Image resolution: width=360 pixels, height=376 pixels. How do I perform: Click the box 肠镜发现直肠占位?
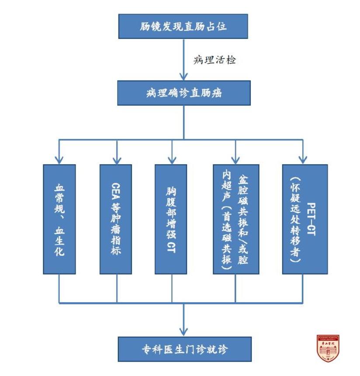point(183,26)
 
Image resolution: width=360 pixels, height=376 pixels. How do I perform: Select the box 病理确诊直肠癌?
point(183,93)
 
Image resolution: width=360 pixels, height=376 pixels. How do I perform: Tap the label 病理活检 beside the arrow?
point(215,60)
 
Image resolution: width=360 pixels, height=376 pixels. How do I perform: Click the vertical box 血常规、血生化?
point(59,219)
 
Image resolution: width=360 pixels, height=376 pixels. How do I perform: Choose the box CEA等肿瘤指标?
point(116,219)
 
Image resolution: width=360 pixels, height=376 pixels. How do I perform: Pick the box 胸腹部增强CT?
point(171,219)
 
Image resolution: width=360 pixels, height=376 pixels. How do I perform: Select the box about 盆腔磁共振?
point(235,219)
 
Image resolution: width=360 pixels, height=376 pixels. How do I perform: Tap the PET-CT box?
point(305,219)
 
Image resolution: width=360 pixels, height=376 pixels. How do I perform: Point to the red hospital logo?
point(328,348)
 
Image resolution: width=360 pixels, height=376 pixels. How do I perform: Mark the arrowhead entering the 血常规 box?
point(59,159)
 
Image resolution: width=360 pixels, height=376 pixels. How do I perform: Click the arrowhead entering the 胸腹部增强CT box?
point(171,159)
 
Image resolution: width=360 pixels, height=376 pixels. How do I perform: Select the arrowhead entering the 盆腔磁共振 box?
point(235,159)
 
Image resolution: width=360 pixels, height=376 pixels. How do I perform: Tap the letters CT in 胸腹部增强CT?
point(171,247)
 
